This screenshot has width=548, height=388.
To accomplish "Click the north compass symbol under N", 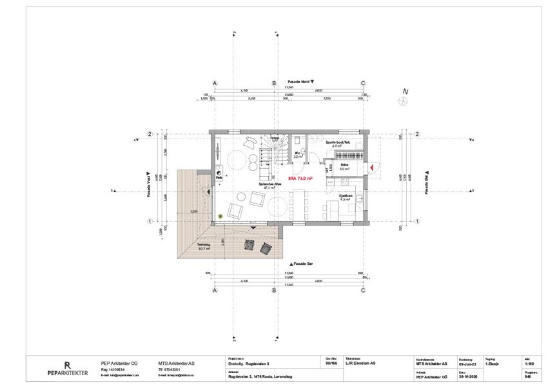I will coord(405,101).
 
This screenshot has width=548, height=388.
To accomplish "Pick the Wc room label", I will coord(298,154).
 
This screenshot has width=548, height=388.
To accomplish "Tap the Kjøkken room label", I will coord(346,197).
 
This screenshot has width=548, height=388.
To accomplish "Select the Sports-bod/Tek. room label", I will coord(337,143).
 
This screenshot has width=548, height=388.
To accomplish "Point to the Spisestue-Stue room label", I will coord(270,185).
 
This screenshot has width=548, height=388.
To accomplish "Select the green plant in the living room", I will coord(220,215).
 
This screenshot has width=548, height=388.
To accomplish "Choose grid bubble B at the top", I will coord(273,84).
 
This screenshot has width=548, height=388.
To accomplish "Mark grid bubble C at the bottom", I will coord(363,290).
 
